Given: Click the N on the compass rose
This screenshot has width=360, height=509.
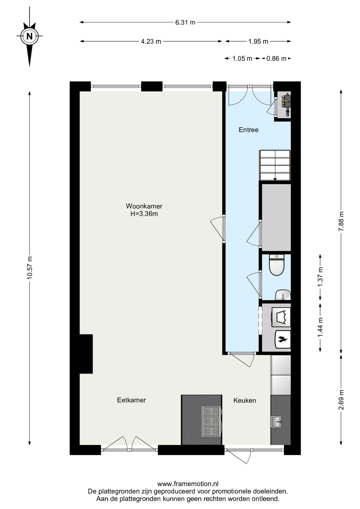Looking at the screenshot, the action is pyautogui.click(x=29, y=36).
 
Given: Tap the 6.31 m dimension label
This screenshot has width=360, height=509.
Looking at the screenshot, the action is pyautogui.click(x=185, y=22).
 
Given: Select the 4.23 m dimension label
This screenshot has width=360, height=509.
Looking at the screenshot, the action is pyautogui.click(x=151, y=41).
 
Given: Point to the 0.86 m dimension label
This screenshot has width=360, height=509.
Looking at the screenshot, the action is pyautogui.click(x=276, y=58).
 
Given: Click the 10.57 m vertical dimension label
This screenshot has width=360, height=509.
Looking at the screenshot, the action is pyautogui.click(x=29, y=267).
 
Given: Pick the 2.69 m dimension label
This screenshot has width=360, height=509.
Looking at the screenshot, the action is pyautogui.click(x=341, y=400).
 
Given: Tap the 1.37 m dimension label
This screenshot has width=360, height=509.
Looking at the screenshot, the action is pyautogui.click(x=320, y=277).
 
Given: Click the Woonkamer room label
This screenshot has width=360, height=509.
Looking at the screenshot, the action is pyautogui.click(x=144, y=206).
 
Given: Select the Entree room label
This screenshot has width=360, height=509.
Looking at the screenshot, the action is pyautogui.click(x=248, y=130).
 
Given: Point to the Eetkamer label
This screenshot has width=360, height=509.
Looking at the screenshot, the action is pyautogui.click(x=131, y=400).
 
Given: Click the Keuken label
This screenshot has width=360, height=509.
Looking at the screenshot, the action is pyautogui.click(x=245, y=400).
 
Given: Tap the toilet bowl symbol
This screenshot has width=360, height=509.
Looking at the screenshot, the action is pyautogui.click(x=276, y=265).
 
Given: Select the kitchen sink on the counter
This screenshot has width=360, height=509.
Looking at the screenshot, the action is pyautogui.click(x=276, y=422).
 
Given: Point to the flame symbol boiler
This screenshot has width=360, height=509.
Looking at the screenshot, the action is pyautogui.click(x=283, y=339).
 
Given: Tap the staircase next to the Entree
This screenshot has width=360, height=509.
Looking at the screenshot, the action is pyautogui.click(x=275, y=165).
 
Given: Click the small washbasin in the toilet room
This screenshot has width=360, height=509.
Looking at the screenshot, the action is pyautogui.click(x=283, y=295).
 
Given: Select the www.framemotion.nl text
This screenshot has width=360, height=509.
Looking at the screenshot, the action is pyautogui.click(x=188, y=484).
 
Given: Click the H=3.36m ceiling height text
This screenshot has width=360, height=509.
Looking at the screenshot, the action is pyautogui.click(x=144, y=214).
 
